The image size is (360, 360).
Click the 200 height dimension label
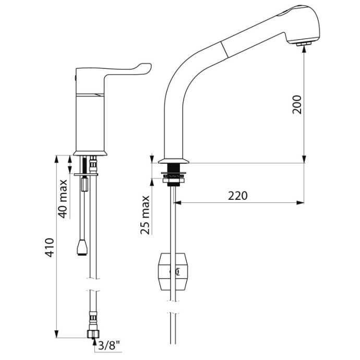pyautogui.click(x=297, y=104)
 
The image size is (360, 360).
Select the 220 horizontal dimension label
pyautogui.click(x=238, y=196)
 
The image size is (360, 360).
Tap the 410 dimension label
pyautogui.click(x=50, y=247)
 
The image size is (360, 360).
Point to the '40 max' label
pyautogui.click(x=63, y=199)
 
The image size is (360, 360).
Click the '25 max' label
pyautogui.click(x=145, y=215)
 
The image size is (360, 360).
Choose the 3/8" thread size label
pyautogui.click(x=109, y=345)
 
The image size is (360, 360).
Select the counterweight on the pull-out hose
pyautogui.click(x=172, y=272)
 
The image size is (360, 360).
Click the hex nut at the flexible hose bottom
pyautogui.click(x=93, y=334)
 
